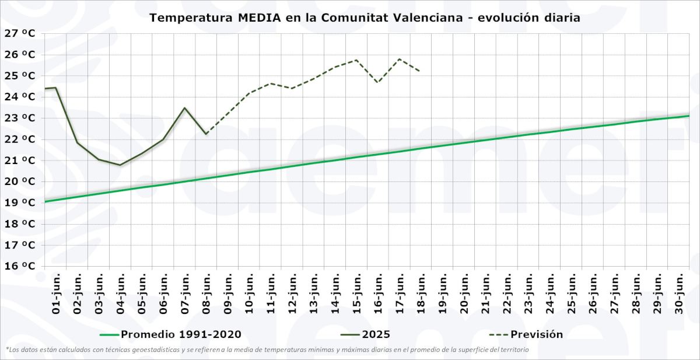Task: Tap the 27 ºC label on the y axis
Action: pos(19,33)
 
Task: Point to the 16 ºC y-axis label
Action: pos(19,266)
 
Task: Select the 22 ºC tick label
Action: pos(19,139)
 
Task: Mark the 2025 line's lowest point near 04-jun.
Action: pos(120,165)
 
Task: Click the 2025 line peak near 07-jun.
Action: pos(184,108)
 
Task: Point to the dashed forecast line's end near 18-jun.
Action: pos(420,71)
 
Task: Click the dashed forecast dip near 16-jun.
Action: pos(377,82)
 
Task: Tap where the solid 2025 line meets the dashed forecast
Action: pos(206,134)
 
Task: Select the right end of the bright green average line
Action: pos(689,116)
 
